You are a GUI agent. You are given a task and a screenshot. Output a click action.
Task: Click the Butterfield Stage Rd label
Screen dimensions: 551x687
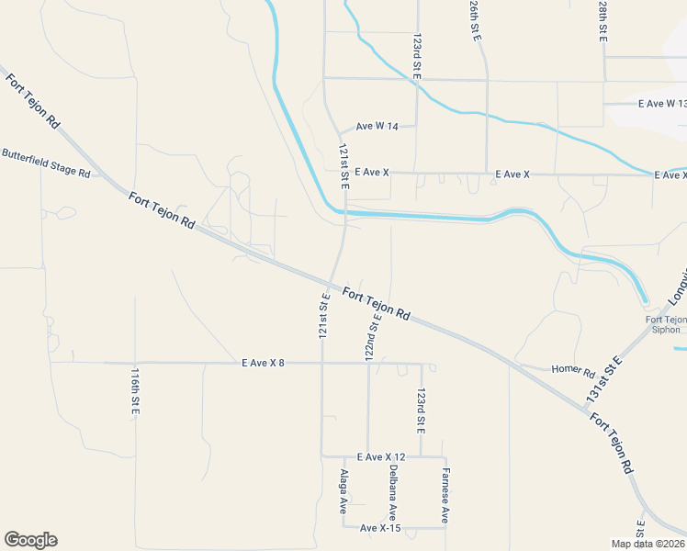(x=46, y=162)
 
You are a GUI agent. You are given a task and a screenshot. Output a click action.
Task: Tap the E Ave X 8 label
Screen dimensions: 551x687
(x=263, y=364)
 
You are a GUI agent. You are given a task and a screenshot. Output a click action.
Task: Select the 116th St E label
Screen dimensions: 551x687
(x=134, y=391)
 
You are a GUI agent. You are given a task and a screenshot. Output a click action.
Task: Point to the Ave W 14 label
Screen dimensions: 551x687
(x=377, y=127)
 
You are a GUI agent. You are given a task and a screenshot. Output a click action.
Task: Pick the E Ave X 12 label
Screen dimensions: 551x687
(x=381, y=457)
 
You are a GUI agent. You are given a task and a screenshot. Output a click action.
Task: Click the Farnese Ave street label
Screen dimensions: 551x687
(x=445, y=496)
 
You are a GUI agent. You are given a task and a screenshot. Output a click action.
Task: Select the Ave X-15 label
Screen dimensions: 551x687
(x=380, y=528)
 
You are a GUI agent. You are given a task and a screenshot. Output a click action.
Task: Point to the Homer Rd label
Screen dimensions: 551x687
(x=573, y=372)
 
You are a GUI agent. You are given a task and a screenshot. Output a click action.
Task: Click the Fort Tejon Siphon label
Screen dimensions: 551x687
(x=666, y=324)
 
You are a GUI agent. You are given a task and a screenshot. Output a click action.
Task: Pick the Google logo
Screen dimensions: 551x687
(x=30, y=540)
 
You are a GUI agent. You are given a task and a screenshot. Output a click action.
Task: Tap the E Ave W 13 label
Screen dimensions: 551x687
(x=662, y=104)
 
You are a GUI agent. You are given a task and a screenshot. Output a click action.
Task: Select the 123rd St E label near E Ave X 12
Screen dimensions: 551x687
(x=421, y=410)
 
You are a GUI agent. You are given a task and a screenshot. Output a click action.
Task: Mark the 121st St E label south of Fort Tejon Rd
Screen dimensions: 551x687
(x=323, y=315)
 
